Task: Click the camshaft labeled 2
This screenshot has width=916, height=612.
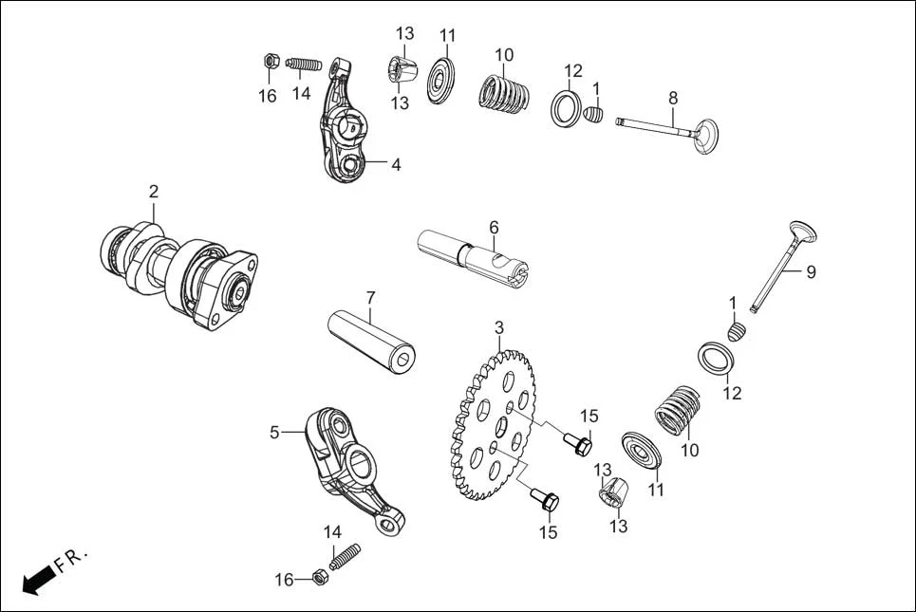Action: (x=180, y=273)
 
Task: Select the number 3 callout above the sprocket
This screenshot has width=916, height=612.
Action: (x=498, y=328)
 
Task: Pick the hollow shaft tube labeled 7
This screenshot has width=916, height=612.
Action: (x=370, y=339)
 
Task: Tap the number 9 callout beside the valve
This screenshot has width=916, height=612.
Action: (x=811, y=272)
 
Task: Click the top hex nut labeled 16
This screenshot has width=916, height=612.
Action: (x=269, y=63)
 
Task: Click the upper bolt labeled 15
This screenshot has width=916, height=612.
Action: (x=579, y=443)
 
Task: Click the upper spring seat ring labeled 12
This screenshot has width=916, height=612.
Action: (x=567, y=105)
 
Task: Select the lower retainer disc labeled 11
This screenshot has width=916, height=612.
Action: (x=643, y=449)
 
